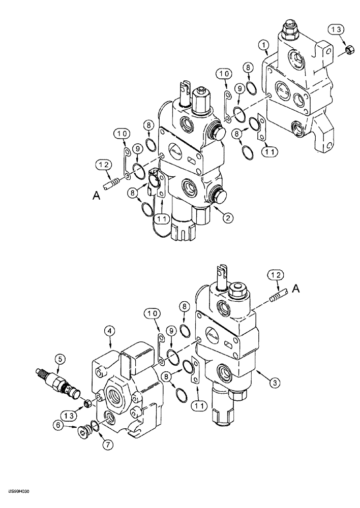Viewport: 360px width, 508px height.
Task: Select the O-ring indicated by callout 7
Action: click(94, 427)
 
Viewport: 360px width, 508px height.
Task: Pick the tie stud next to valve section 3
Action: click(279, 295)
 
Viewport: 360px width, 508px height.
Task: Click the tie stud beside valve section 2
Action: click(112, 181)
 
